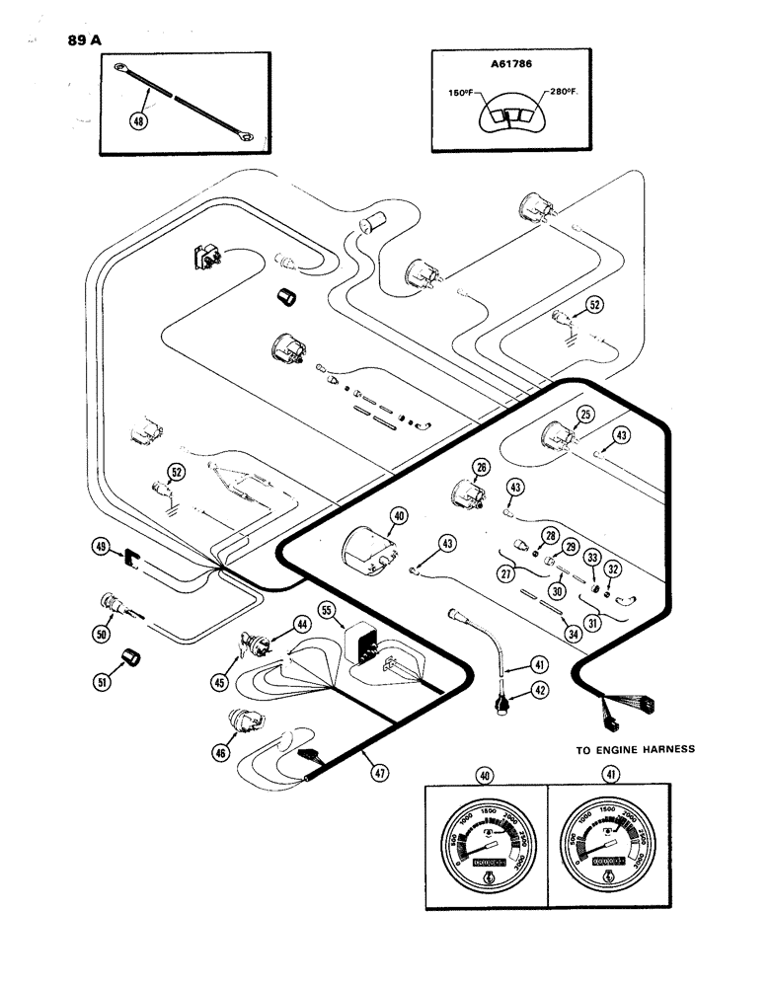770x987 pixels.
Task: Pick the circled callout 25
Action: click(x=585, y=415)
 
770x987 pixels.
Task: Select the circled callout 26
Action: click(x=482, y=468)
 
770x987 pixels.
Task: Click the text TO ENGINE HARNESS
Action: click(x=636, y=749)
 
